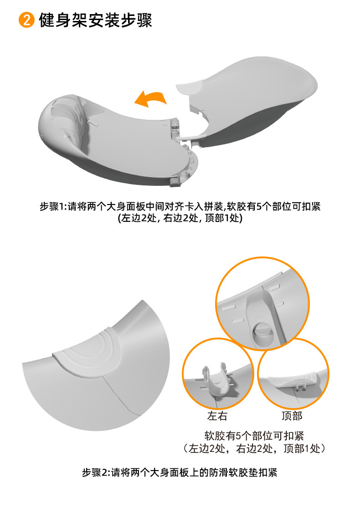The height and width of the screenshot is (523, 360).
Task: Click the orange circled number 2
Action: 27,20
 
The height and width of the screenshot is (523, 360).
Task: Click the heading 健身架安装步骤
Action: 95,20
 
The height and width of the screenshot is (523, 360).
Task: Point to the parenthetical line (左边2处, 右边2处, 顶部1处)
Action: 180,218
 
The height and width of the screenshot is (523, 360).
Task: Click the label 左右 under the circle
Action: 217,415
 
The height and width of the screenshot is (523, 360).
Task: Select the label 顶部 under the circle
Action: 292,415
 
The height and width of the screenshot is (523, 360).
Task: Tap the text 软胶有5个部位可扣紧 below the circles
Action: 254,436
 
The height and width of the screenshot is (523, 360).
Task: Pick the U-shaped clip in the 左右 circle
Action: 217,380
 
